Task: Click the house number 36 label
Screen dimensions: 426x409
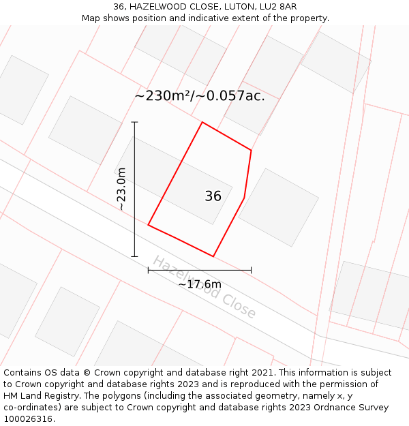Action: click(x=213, y=196)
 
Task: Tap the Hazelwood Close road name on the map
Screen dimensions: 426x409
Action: click(x=204, y=287)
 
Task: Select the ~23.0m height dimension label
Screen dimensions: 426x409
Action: click(x=121, y=189)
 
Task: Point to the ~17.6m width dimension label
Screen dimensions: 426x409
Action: click(x=200, y=284)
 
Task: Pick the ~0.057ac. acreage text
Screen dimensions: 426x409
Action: click(x=231, y=96)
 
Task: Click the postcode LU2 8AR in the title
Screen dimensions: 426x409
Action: click(x=277, y=6)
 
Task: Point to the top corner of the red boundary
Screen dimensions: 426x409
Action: click(x=202, y=122)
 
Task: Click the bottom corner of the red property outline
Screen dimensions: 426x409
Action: click(x=213, y=256)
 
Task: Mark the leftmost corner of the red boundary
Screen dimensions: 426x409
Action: click(x=149, y=225)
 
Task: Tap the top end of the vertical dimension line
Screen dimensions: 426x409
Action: click(x=134, y=122)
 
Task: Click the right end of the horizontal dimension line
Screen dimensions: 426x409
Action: click(x=251, y=270)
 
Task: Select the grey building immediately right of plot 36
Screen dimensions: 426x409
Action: click(x=279, y=207)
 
